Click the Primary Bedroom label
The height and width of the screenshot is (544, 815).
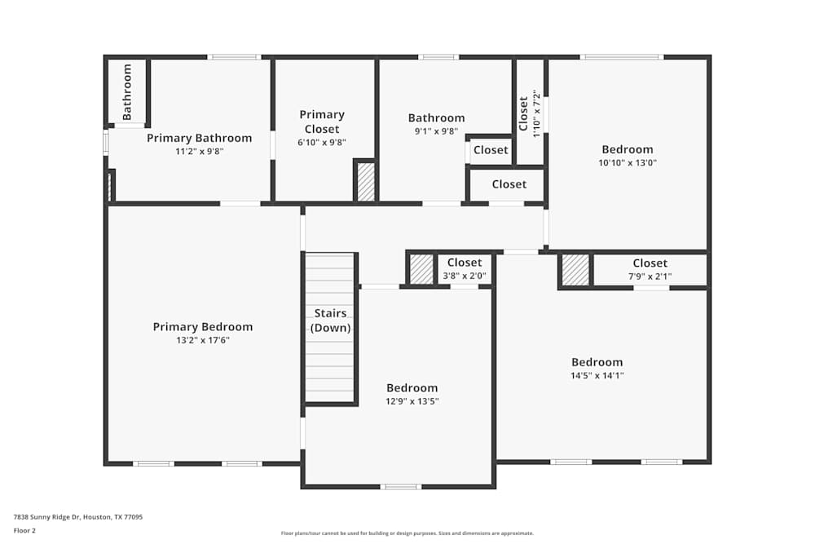point(203,327)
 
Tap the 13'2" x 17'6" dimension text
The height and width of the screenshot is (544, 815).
point(203,340)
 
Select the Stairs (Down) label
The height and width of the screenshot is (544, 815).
point(331,321)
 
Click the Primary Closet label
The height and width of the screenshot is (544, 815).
point(322,122)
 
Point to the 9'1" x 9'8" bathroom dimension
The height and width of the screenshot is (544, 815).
point(436,130)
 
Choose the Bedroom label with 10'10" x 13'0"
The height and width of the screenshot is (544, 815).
point(628,149)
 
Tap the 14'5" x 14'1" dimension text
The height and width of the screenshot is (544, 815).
point(597,376)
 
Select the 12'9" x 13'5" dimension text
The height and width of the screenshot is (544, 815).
point(412,401)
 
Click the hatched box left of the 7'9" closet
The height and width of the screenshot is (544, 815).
point(575,270)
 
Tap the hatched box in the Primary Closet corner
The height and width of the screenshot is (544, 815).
point(366,182)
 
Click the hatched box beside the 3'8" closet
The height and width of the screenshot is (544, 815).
point(421,269)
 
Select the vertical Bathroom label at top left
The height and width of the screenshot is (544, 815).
point(127,91)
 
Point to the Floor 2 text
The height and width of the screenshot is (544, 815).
point(24,530)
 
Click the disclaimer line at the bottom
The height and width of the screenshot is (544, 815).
point(407,533)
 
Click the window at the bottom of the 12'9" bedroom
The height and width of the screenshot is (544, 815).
point(400,487)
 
